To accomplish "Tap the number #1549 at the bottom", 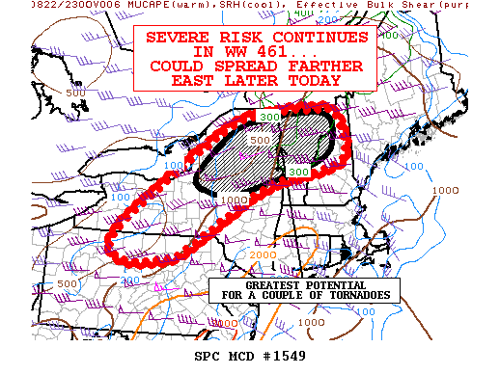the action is pos(296,358).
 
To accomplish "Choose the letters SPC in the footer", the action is pos(208,358).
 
